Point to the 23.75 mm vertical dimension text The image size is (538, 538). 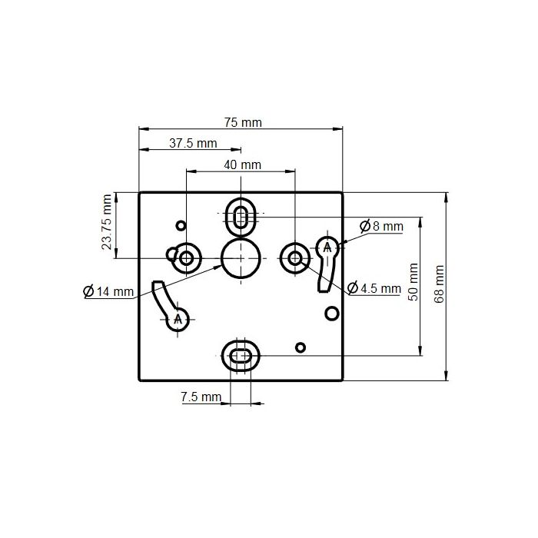click(107, 224)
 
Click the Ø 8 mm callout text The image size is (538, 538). click(381, 226)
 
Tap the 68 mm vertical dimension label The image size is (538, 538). click(439, 284)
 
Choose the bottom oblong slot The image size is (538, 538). click(241, 355)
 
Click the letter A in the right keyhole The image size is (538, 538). click(327, 247)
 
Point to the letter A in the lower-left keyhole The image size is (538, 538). click(178, 318)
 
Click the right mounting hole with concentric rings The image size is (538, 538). click(295, 257)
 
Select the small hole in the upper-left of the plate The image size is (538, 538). click(181, 225)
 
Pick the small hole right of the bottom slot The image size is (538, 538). click(301, 347)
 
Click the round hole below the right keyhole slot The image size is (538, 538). click(331, 313)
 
